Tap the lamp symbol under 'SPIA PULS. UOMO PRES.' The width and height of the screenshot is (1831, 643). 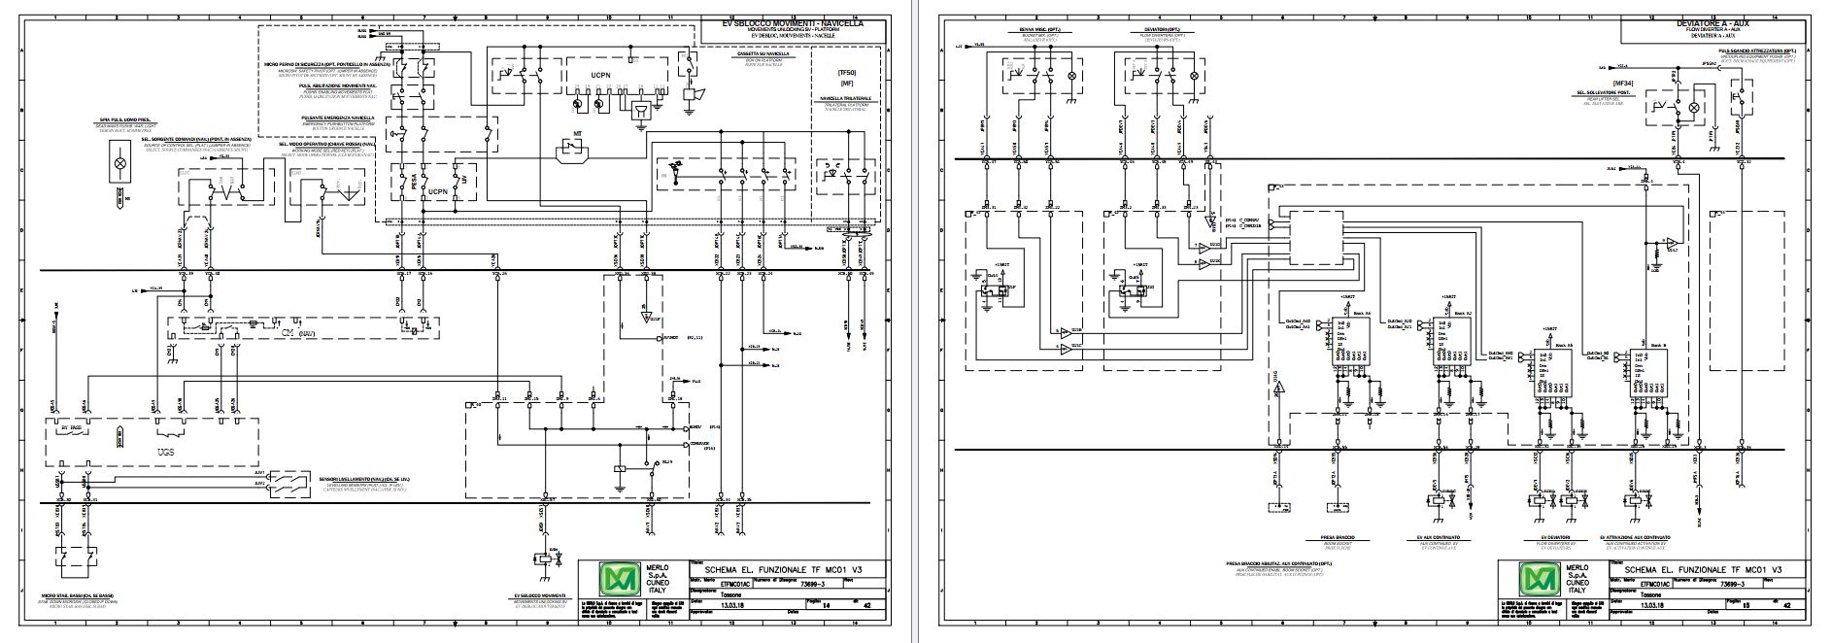(x=119, y=164)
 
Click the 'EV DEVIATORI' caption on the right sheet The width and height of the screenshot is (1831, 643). (x=1556, y=537)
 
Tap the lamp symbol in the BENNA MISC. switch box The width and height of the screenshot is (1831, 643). (x=1072, y=75)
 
